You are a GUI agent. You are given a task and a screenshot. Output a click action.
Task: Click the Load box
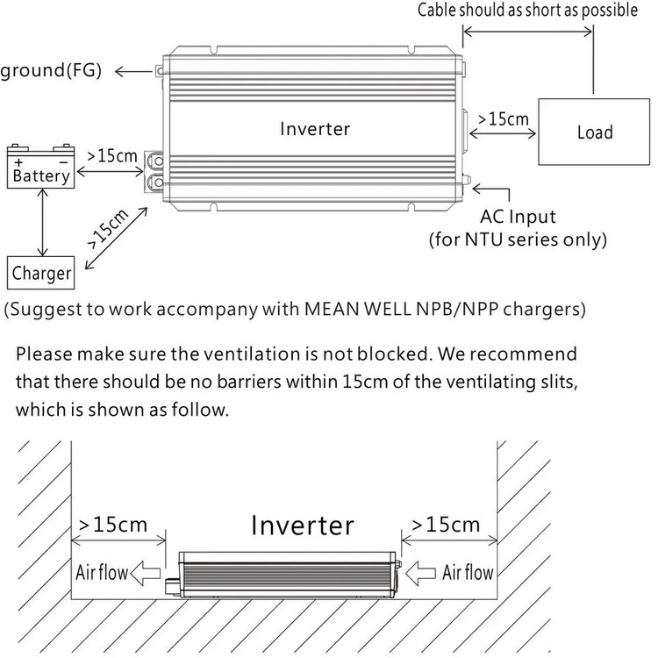594,132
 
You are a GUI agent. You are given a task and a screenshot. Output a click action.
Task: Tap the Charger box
41,272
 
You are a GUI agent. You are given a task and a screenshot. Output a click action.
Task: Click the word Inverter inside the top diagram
315,129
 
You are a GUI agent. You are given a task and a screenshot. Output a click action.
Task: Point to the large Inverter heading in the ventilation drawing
303,526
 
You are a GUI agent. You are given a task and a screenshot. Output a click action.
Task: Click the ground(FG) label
51,70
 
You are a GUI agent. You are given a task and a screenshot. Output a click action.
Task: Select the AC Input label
517,217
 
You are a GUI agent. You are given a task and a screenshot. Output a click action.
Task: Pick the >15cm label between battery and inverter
112,157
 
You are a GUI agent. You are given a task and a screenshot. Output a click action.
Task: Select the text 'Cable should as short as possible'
526,11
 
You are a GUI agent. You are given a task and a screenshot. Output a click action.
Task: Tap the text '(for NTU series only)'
517,239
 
